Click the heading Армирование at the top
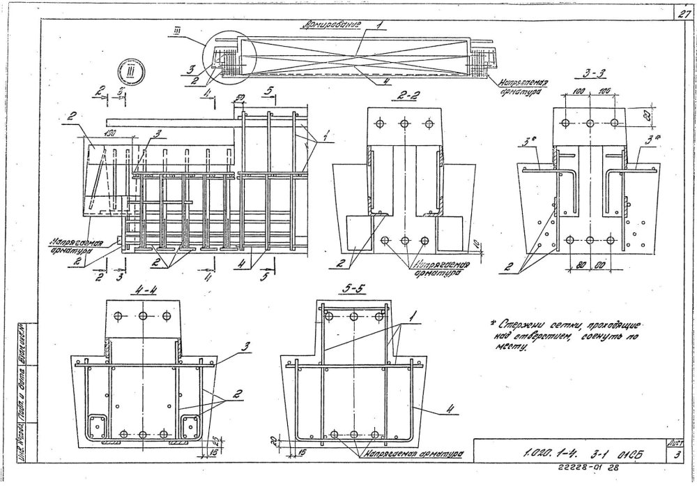click(x=330, y=24)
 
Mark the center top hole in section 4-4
click(x=143, y=316)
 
